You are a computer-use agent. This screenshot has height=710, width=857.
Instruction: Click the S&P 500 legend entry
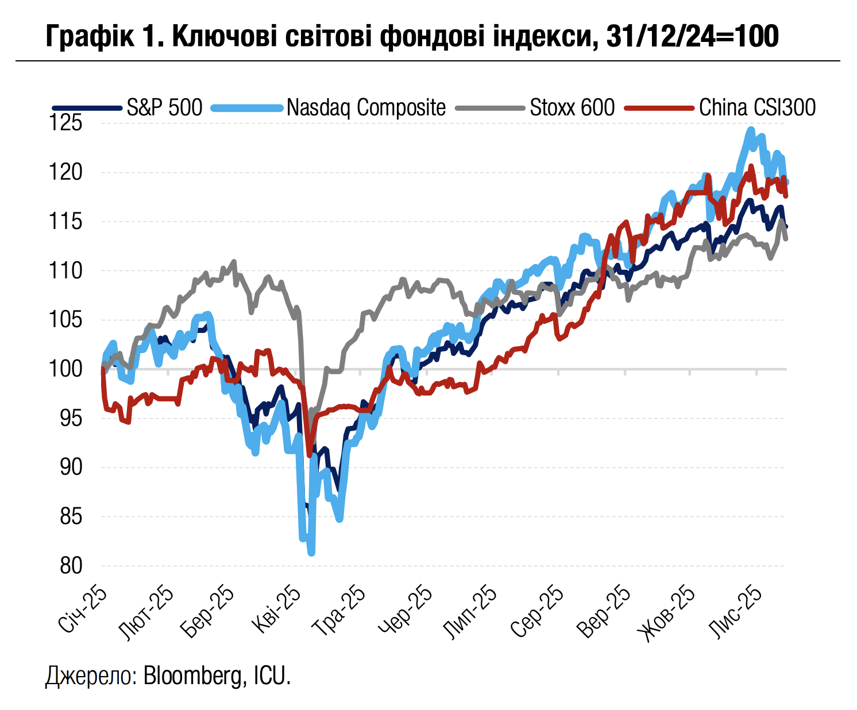coord(164,107)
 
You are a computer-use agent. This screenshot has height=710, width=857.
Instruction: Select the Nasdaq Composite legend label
coord(366,107)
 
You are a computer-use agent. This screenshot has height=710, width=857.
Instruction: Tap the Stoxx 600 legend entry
coord(572,107)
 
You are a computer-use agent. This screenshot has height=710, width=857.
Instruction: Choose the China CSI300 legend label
coord(757,107)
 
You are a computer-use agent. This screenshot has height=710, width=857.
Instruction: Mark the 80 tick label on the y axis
coord(71,566)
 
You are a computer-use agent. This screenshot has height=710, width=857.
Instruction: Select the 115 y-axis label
coord(67,222)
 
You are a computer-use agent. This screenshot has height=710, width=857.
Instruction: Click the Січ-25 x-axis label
coord(83,610)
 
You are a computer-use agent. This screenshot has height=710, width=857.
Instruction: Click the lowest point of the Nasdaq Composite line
coord(311,553)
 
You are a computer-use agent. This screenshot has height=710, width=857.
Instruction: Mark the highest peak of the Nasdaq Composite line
coord(750,130)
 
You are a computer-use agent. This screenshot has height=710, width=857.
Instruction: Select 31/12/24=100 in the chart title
coord(693,37)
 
